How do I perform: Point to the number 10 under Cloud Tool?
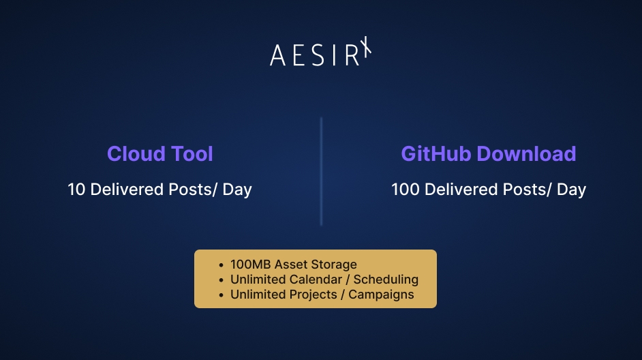coord(76,190)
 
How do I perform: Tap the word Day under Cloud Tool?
coord(237,190)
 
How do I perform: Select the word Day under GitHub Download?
coord(571,190)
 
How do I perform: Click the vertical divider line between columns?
coord(321,171)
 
